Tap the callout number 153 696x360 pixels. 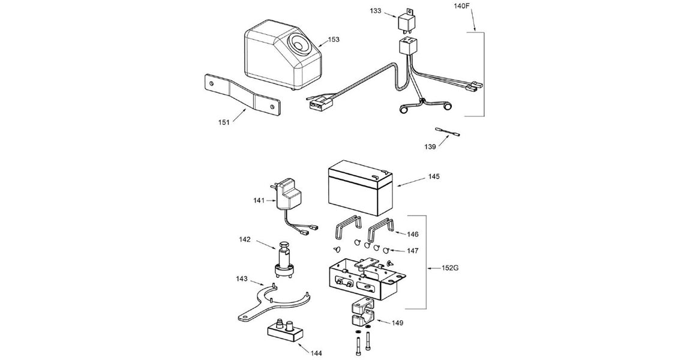click(334, 40)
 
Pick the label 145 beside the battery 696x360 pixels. click(434, 176)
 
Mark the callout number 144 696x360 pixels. click(316, 353)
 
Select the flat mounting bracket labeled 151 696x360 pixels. click(240, 94)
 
